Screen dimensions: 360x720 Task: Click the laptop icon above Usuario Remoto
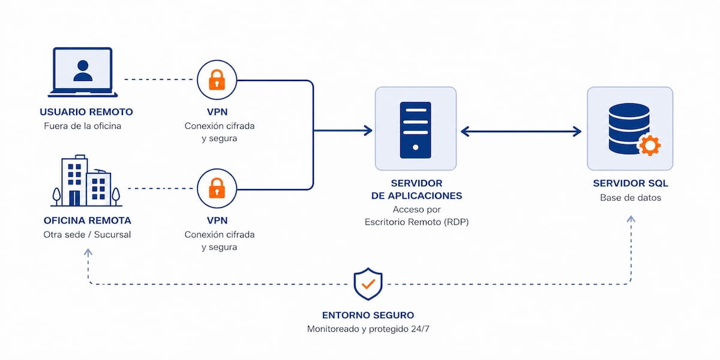[x=83, y=72]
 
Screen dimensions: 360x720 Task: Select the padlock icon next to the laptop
[x=217, y=79]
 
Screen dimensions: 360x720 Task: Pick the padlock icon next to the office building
[x=217, y=188]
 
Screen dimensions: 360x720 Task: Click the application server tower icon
[x=415, y=130]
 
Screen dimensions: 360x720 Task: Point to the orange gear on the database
[x=649, y=145]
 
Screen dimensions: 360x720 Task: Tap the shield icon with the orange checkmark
[x=368, y=284]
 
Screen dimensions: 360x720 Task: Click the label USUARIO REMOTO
[x=86, y=112]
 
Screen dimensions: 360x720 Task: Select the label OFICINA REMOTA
[x=87, y=220]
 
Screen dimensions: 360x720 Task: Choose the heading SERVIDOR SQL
[x=630, y=183]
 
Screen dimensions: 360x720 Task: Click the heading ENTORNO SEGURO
[x=368, y=315]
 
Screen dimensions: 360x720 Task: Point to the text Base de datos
[x=630, y=197]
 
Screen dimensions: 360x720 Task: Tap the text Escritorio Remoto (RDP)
[x=416, y=222]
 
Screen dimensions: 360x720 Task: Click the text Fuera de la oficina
[x=83, y=126]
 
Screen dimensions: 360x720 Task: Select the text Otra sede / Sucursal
[x=87, y=234]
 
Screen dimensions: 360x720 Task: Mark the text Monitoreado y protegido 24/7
[x=368, y=329]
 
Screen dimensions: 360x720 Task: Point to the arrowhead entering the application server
[x=368, y=130]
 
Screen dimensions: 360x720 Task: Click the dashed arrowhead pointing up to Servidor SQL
[x=631, y=220]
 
